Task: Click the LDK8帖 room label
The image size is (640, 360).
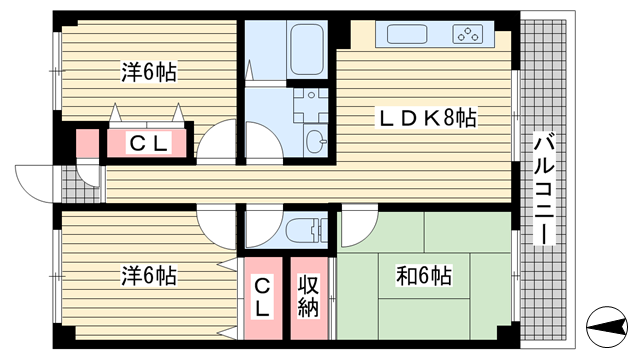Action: (427, 118)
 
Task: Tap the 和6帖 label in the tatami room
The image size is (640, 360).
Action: (424, 276)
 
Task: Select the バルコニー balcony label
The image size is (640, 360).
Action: (544, 191)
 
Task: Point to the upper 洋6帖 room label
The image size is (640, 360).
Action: (149, 72)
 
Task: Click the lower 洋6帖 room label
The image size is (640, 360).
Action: (149, 276)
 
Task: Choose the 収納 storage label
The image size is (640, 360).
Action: (309, 296)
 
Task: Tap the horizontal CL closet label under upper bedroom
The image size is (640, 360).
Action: (149, 143)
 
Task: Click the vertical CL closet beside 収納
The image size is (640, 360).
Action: (262, 299)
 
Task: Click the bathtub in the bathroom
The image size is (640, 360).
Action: (307, 49)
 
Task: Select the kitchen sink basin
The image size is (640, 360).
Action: (407, 34)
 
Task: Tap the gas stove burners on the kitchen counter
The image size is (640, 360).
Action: (468, 34)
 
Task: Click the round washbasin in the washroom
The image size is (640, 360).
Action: (316, 141)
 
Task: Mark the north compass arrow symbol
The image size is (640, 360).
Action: (607, 327)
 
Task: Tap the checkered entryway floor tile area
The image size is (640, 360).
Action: (80, 184)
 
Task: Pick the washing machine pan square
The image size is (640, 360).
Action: (311, 105)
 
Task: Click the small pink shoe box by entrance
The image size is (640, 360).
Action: (88, 143)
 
